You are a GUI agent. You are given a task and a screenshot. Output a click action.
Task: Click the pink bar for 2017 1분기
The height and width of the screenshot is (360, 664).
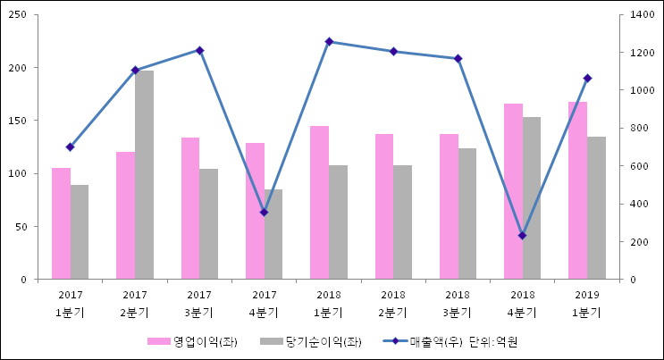(61, 223)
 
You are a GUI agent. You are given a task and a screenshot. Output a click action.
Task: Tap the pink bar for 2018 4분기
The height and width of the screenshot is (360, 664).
(513, 191)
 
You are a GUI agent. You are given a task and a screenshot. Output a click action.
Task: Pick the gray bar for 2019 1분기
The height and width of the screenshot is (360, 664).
(596, 208)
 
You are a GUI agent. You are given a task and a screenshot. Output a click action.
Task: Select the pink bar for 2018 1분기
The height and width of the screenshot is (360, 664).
(319, 203)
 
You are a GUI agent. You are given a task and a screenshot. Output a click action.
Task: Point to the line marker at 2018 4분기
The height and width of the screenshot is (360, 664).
(522, 236)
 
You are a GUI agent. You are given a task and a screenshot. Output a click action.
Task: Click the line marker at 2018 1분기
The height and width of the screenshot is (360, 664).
(329, 42)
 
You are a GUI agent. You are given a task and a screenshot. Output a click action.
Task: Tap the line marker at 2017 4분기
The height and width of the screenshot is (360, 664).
(264, 212)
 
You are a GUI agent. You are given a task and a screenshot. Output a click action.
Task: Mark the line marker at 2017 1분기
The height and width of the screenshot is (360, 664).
(70, 147)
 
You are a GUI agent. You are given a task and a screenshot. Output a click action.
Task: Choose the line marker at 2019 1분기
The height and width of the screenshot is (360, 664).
(587, 79)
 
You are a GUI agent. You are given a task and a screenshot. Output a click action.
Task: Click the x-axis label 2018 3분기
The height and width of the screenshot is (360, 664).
(458, 303)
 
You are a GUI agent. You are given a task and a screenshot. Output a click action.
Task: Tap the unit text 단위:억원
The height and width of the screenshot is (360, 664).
(493, 341)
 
